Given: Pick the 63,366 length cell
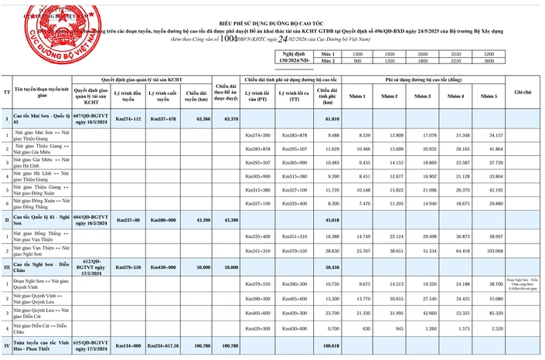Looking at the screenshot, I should pos(197,119).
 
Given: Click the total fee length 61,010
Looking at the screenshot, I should pos(332,119).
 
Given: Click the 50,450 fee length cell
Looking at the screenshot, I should pos(332,267).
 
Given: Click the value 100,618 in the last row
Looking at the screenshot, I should pos(332,346).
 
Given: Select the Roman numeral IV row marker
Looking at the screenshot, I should pos(7,346).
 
